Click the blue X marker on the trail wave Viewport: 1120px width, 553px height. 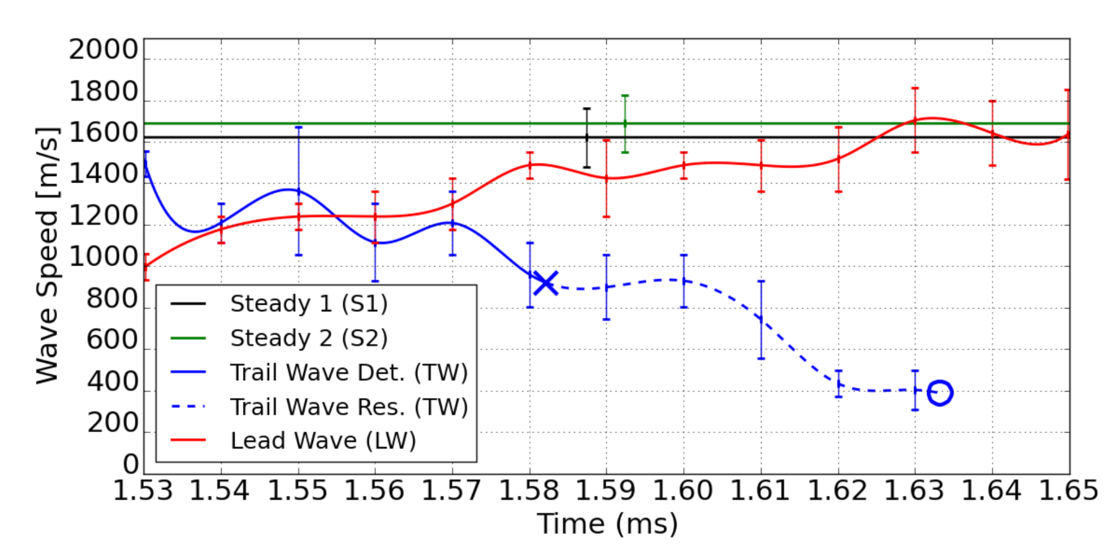545,284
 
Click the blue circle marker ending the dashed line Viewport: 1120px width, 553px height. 940,392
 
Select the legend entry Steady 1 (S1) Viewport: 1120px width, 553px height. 309,304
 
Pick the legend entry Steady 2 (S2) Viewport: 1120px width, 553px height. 309,338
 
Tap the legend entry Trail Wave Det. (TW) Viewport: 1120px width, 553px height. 348,373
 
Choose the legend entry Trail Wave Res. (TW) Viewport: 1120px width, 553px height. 348,407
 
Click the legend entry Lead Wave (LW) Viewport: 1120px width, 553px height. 323,441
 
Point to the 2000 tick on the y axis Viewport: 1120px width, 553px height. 103,50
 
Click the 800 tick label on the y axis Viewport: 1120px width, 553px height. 112,299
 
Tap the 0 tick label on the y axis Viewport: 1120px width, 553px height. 131,464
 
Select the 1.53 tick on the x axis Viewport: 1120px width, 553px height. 143,491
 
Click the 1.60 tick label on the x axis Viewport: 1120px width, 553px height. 683,491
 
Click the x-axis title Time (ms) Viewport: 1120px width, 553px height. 607,524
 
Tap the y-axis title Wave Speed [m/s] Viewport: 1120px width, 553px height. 47,255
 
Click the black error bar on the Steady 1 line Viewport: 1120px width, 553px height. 587,137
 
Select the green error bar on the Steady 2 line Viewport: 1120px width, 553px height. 625,123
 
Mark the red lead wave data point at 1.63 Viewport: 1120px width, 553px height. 915,120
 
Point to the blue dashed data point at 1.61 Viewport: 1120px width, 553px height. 761,319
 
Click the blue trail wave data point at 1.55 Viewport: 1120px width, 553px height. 298,191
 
